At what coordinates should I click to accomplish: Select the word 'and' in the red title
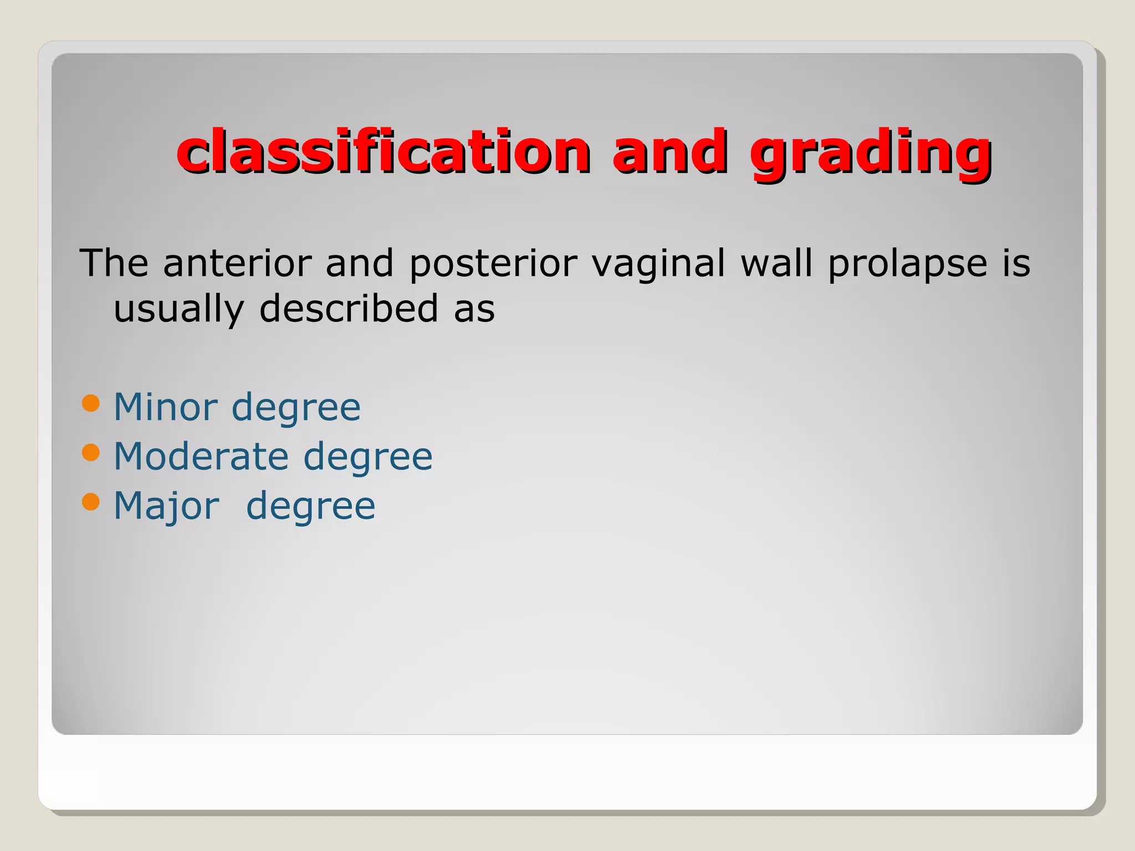669,151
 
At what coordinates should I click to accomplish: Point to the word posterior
493,264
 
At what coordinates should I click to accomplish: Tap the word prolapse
907,264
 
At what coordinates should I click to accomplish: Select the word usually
178,310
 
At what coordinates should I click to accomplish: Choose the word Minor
165,407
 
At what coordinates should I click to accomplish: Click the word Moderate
201,457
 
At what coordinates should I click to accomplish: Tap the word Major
166,506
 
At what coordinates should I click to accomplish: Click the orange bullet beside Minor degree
90,403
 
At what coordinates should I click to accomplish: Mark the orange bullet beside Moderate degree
90,453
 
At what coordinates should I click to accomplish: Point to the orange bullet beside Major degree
90,502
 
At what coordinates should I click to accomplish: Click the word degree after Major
310,507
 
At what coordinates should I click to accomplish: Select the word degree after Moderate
368,458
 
